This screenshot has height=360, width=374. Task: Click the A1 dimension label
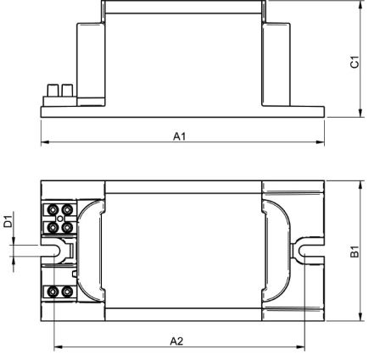tap(179, 136)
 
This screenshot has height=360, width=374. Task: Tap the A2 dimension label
tap(176, 341)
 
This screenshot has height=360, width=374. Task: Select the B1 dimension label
tap(354, 252)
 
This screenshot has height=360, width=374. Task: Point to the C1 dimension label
tap(354, 62)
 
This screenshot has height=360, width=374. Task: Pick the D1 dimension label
tap(8, 221)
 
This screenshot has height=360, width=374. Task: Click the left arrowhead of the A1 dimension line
tap(45, 142)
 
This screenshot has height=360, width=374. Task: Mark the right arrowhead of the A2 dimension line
tap(300, 347)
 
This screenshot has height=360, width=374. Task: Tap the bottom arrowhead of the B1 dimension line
tap(360, 317)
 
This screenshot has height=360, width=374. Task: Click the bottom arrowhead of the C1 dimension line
tap(360, 113)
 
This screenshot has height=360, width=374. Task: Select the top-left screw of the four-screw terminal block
tap(53, 209)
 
